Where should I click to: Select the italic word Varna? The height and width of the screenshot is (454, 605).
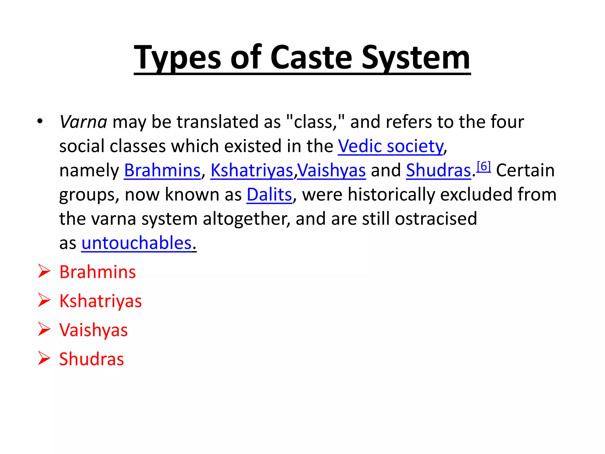[x=83, y=122]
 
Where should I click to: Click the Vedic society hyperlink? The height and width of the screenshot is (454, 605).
[x=391, y=146]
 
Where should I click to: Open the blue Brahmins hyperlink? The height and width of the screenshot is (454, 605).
[x=162, y=171]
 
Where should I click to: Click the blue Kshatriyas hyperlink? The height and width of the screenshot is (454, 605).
[x=252, y=171]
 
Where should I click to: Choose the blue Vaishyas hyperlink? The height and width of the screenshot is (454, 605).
[x=331, y=171]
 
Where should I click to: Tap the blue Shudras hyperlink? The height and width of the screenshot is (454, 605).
[x=438, y=171]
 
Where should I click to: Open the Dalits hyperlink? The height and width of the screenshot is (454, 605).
[x=269, y=195]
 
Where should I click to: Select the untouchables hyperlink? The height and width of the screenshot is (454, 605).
[x=136, y=243]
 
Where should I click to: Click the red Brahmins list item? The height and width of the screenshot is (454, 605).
[x=97, y=272]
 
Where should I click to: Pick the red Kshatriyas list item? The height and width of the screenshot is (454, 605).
[x=100, y=301]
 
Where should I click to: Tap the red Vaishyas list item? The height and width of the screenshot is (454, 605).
[x=93, y=330]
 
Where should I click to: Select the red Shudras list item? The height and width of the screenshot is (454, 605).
[x=92, y=359]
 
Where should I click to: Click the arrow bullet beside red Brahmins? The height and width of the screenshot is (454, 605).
[x=44, y=271]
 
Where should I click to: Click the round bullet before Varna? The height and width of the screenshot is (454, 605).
[x=40, y=121]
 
